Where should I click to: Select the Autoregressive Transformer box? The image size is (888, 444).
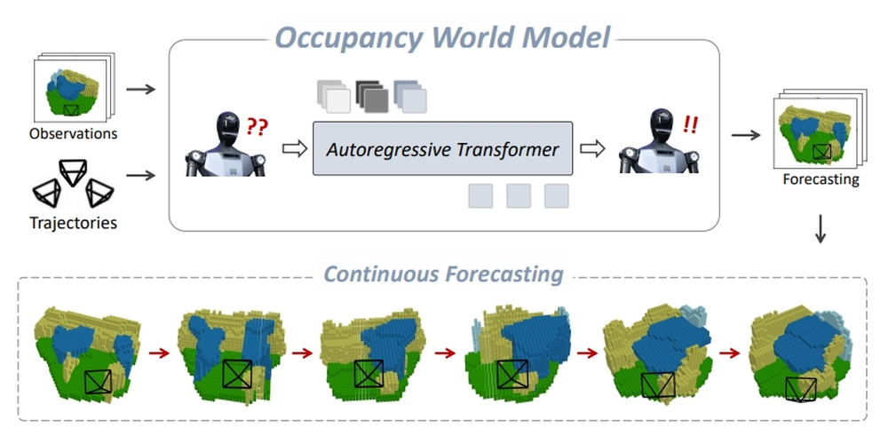tap(443, 148)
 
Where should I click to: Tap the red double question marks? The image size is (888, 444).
tap(257, 127)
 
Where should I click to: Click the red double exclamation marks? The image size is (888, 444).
tap(690, 125)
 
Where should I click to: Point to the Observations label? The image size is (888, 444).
tap(73, 134)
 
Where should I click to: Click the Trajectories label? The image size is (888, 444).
tap(73, 223)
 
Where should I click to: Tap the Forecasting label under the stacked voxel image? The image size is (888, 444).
tap(821, 179)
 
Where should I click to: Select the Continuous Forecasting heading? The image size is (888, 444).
tap(443, 273)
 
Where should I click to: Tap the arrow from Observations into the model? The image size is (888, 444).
tap(140, 90)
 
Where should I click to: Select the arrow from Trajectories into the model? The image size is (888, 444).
tap(140, 175)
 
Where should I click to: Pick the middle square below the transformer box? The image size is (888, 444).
tap(519, 195)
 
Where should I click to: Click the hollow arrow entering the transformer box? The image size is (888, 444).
tap(292, 148)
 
